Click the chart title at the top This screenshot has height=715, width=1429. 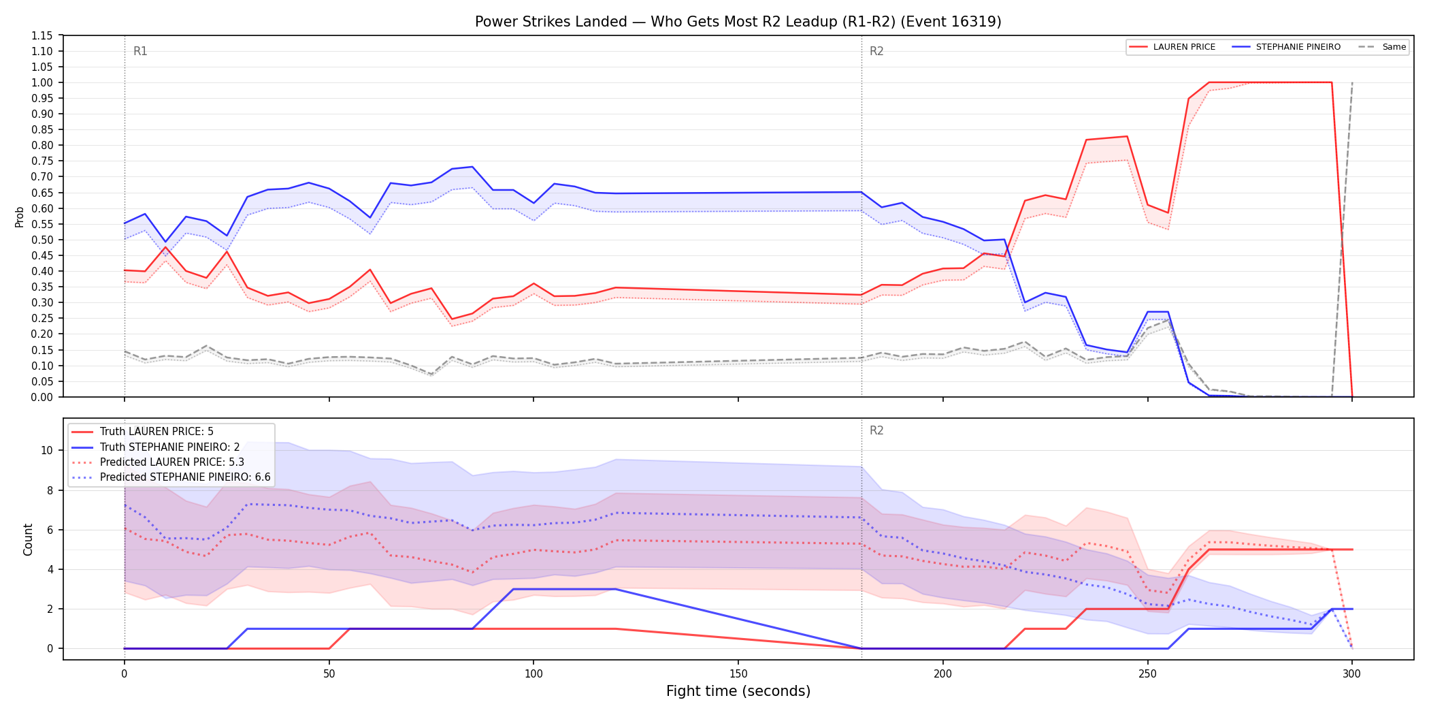[x=738, y=22]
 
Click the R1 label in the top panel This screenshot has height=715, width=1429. [x=140, y=51]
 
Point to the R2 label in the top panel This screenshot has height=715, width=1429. [x=876, y=51]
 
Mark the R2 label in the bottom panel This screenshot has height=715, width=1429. [x=876, y=430]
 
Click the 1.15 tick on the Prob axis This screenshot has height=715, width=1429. [x=42, y=35]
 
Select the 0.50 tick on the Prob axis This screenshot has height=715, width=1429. [x=42, y=240]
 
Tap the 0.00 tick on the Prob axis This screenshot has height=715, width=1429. [x=42, y=397]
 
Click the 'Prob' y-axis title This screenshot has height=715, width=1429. [x=20, y=217]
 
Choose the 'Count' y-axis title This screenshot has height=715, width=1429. [x=28, y=539]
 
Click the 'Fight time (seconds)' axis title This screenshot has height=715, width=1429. [x=738, y=691]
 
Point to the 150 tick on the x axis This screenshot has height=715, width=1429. [x=738, y=674]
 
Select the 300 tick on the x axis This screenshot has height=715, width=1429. [x=1352, y=674]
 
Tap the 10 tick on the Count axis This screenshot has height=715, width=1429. [x=47, y=450]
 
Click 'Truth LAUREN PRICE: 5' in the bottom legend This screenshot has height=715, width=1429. [x=157, y=432]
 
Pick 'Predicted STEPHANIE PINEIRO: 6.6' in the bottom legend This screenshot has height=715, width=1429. [x=185, y=477]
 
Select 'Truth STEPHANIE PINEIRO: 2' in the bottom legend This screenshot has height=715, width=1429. [x=170, y=447]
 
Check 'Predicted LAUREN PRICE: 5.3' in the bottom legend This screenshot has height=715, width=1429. [x=172, y=462]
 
